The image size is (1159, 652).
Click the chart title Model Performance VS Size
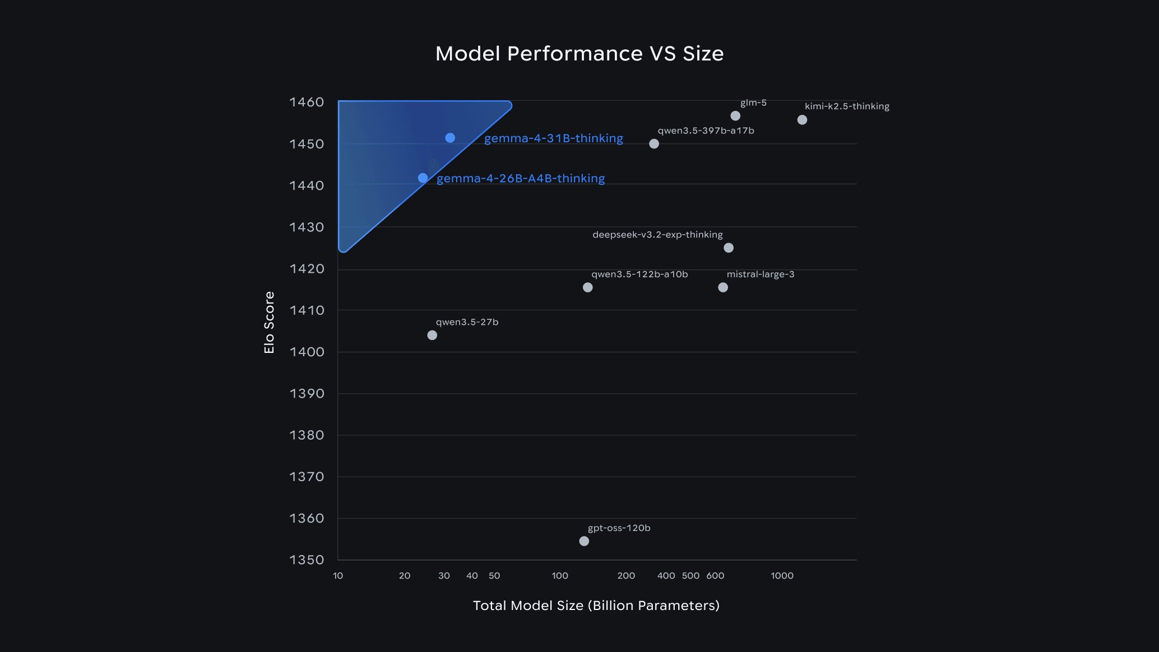click(x=579, y=54)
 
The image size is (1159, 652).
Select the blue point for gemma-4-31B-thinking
click(x=450, y=138)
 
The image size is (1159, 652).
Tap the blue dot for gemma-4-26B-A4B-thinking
click(x=423, y=178)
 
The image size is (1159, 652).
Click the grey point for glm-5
click(x=735, y=116)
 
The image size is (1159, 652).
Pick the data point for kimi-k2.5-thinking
click(x=802, y=120)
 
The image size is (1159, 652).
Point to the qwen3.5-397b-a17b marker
click(x=654, y=144)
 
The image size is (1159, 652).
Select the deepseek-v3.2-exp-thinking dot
click(x=729, y=248)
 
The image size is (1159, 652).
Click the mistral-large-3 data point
click(x=723, y=287)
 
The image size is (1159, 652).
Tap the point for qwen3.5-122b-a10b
click(x=587, y=287)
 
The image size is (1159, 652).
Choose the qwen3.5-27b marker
click(x=432, y=335)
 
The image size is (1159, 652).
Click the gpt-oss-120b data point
click(x=584, y=541)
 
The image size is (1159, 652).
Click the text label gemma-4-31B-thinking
click(x=553, y=138)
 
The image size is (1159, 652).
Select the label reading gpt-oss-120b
click(x=619, y=528)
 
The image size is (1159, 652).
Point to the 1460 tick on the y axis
click(x=307, y=102)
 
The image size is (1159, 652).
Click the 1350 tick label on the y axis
click(x=307, y=560)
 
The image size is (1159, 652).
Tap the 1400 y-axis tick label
click(x=307, y=352)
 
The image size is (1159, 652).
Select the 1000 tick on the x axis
click(x=782, y=576)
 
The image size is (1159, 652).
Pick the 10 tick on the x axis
click(x=338, y=576)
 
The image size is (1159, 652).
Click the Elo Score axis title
click(x=270, y=323)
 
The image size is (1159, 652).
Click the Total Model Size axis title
click(x=596, y=606)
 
